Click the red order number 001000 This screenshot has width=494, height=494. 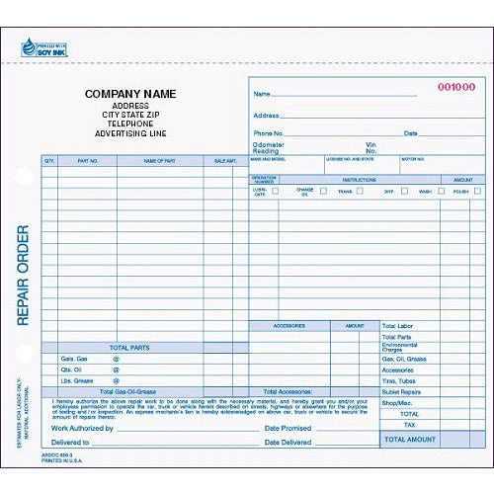[x=455, y=87]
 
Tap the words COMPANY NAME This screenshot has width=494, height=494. [x=129, y=94]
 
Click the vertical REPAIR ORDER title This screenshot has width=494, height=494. [x=23, y=276]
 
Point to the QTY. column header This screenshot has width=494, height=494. [x=49, y=159]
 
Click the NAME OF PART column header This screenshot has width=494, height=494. [x=158, y=159]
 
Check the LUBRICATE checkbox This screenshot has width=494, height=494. [x=276, y=191]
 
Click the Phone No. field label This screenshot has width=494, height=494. [x=269, y=132]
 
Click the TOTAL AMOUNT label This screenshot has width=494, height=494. [x=409, y=438]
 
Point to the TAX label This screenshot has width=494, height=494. [x=409, y=425]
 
